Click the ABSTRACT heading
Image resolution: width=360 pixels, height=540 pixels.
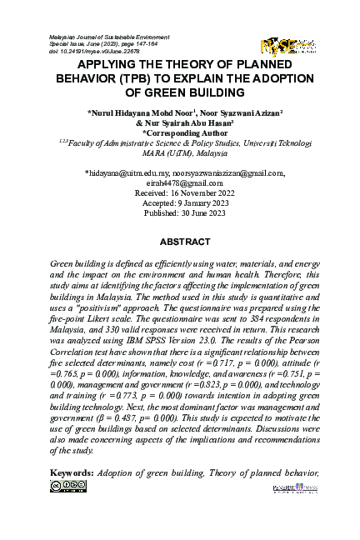pos(180,241)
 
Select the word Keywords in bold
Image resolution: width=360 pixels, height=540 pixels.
pos(72,474)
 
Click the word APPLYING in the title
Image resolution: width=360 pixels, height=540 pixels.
pos(112,64)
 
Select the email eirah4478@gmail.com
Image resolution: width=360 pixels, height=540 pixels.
pos(180,183)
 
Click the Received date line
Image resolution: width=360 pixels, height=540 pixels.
pos(180,192)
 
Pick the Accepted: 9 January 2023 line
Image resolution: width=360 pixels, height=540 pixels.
pos(180,202)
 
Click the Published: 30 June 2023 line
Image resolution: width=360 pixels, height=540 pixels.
pos(180,212)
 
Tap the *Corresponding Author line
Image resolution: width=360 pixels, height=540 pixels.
pos(180,132)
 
